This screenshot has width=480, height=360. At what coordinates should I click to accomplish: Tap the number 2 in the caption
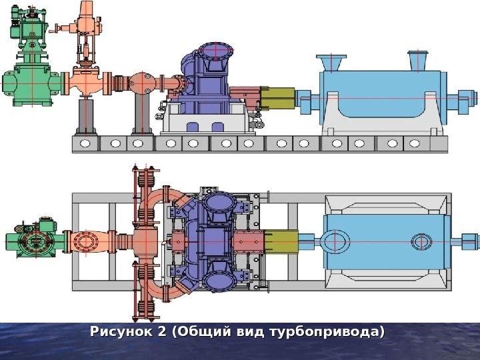[160, 332]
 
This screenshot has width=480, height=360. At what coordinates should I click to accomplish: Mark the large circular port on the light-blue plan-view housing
[336, 241]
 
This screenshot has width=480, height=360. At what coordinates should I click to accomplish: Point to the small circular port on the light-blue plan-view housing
[421, 241]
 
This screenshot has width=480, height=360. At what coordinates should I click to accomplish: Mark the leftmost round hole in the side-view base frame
[85, 143]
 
